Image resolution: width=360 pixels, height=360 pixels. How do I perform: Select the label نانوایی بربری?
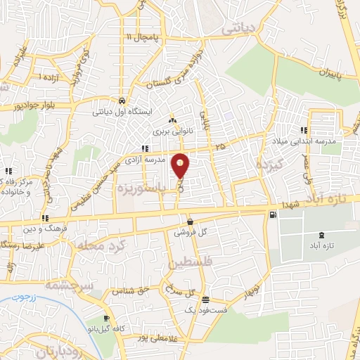tap(172, 131)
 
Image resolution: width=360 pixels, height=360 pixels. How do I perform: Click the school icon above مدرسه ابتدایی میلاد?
tap(304, 129)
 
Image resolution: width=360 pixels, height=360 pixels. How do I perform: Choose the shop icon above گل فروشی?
tap(190, 221)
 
